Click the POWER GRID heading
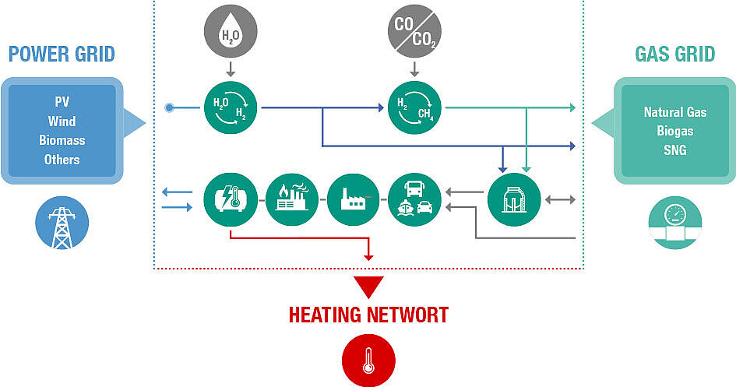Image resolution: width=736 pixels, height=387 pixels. [62, 55]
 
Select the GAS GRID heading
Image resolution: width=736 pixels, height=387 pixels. [674, 55]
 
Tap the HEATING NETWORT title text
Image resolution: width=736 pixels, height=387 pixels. [368, 315]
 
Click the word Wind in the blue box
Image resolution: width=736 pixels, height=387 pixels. [62, 121]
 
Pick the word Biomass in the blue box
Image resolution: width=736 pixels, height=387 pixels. [62, 140]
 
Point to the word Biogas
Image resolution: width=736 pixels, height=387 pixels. [674, 131]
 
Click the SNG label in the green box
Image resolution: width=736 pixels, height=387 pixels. [674, 150]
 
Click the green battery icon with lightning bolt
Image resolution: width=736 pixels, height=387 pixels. [230, 200]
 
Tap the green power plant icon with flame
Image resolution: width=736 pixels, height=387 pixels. [291, 200]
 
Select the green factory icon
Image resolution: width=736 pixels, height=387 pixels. [353, 200]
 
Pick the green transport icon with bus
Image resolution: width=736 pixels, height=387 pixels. [414, 200]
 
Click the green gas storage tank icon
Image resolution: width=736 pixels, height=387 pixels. [514, 200]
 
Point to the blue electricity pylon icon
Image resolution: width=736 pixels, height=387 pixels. [62, 223]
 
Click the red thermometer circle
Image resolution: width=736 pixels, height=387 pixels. [368, 361]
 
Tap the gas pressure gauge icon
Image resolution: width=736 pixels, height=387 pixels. [674, 222]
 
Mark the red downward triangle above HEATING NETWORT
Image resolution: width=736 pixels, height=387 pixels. [368, 287]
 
